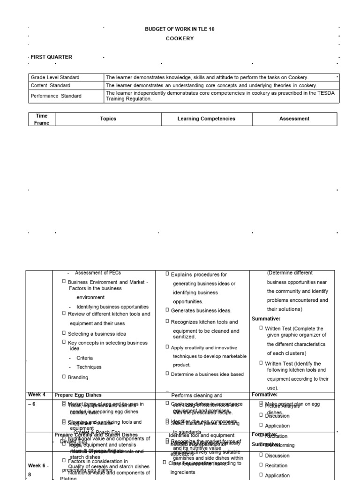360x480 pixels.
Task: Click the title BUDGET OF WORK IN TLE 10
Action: pos(180,29)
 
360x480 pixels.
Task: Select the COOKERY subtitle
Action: pos(180,38)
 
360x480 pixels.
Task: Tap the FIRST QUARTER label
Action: pos(52,57)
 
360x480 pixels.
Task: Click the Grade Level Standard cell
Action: pos(55,77)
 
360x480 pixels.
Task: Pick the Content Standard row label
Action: pos(50,86)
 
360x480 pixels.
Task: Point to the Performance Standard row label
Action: pos(56,96)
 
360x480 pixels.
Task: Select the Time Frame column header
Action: pos(41,119)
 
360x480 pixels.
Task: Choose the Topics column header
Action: pos(108,119)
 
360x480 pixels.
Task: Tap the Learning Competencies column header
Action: pos(206,119)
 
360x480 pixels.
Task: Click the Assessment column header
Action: pos(294,119)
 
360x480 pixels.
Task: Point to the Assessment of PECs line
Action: pos(97,273)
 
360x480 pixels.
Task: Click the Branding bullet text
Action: pos(78,377)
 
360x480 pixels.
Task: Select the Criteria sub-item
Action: pos(84,358)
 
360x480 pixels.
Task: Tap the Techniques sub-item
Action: pos(89,367)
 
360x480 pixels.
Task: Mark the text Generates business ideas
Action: pos(201,310)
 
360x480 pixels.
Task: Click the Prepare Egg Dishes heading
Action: pos(78,395)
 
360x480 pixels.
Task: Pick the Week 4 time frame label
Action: pos(37,395)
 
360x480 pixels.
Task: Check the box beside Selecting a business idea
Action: pos(64,333)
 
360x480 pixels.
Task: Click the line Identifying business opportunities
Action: pos(112,307)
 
